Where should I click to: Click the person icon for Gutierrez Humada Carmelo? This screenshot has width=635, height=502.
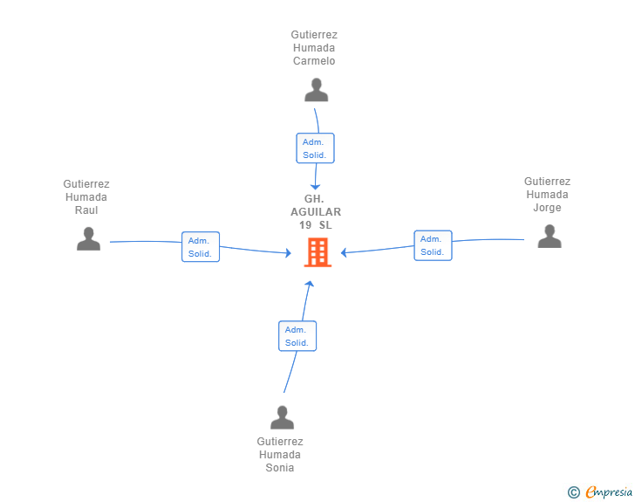317,90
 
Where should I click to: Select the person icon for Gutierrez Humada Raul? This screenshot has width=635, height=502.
89,239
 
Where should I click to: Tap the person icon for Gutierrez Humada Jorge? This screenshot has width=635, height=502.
550,237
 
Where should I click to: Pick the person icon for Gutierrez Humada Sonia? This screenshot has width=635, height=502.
283,417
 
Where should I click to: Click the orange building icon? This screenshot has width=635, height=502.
317,252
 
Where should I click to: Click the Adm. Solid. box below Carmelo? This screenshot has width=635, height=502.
315,148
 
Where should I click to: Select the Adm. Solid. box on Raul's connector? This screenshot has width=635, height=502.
201,246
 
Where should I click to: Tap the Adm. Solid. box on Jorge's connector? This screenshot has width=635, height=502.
433,245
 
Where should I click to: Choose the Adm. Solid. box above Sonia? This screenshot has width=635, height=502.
297,336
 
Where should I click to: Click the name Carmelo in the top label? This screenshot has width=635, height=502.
314,61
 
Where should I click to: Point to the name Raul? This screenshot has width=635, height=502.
86,210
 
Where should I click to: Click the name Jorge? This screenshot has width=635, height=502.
547,208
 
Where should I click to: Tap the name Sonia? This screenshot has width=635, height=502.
280,468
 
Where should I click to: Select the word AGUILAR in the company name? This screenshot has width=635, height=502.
316,211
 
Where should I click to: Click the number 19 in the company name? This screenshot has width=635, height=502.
305,225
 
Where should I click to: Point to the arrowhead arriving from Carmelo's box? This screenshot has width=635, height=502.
315,187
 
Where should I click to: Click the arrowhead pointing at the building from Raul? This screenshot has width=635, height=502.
289,253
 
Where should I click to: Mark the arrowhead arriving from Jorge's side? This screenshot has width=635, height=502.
344,252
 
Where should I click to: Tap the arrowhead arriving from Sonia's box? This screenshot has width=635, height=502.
310,284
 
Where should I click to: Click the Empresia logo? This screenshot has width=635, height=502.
600,492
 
